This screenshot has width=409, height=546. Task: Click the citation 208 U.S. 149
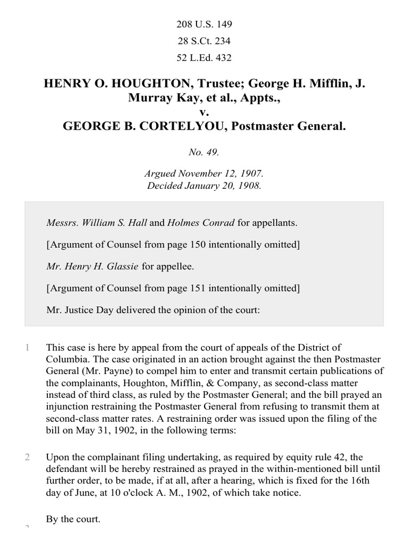point(204,25)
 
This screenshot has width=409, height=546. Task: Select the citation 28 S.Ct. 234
point(204,42)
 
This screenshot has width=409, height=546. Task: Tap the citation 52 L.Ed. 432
point(204,58)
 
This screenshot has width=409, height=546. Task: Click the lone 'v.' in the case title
point(204,112)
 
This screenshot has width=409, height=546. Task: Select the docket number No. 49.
point(204,152)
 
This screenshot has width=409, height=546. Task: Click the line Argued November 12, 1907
point(204,174)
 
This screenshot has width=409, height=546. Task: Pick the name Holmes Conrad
point(201,223)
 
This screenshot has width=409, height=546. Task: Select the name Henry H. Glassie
point(99,267)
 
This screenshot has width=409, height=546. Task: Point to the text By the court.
point(73,518)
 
